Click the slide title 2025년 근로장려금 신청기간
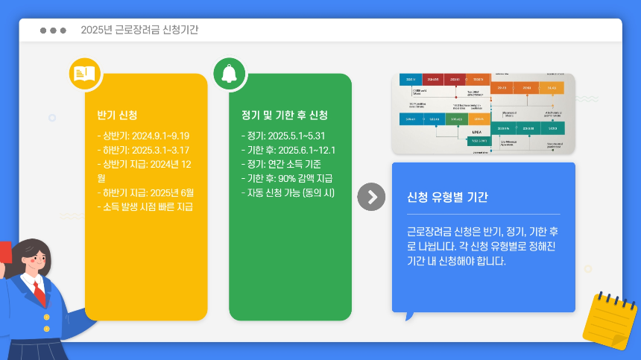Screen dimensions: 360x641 point(139,30)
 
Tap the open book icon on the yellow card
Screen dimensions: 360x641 point(84,73)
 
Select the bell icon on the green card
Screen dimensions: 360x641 point(229,72)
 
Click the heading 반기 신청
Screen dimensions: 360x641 point(117,116)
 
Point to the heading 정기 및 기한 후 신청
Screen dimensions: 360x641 point(284,116)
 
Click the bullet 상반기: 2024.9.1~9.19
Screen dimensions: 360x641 point(143,136)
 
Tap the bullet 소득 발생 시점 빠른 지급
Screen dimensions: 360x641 point(145,206)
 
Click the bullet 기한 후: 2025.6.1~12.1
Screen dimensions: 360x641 point(288,150)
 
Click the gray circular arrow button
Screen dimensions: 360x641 point(371,197)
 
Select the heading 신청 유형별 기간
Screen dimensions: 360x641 point(447,198)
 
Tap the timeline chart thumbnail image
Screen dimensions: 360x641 point(483,113)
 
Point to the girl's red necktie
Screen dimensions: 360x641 point(38,292)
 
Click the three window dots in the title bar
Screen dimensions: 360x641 point(53,31)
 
